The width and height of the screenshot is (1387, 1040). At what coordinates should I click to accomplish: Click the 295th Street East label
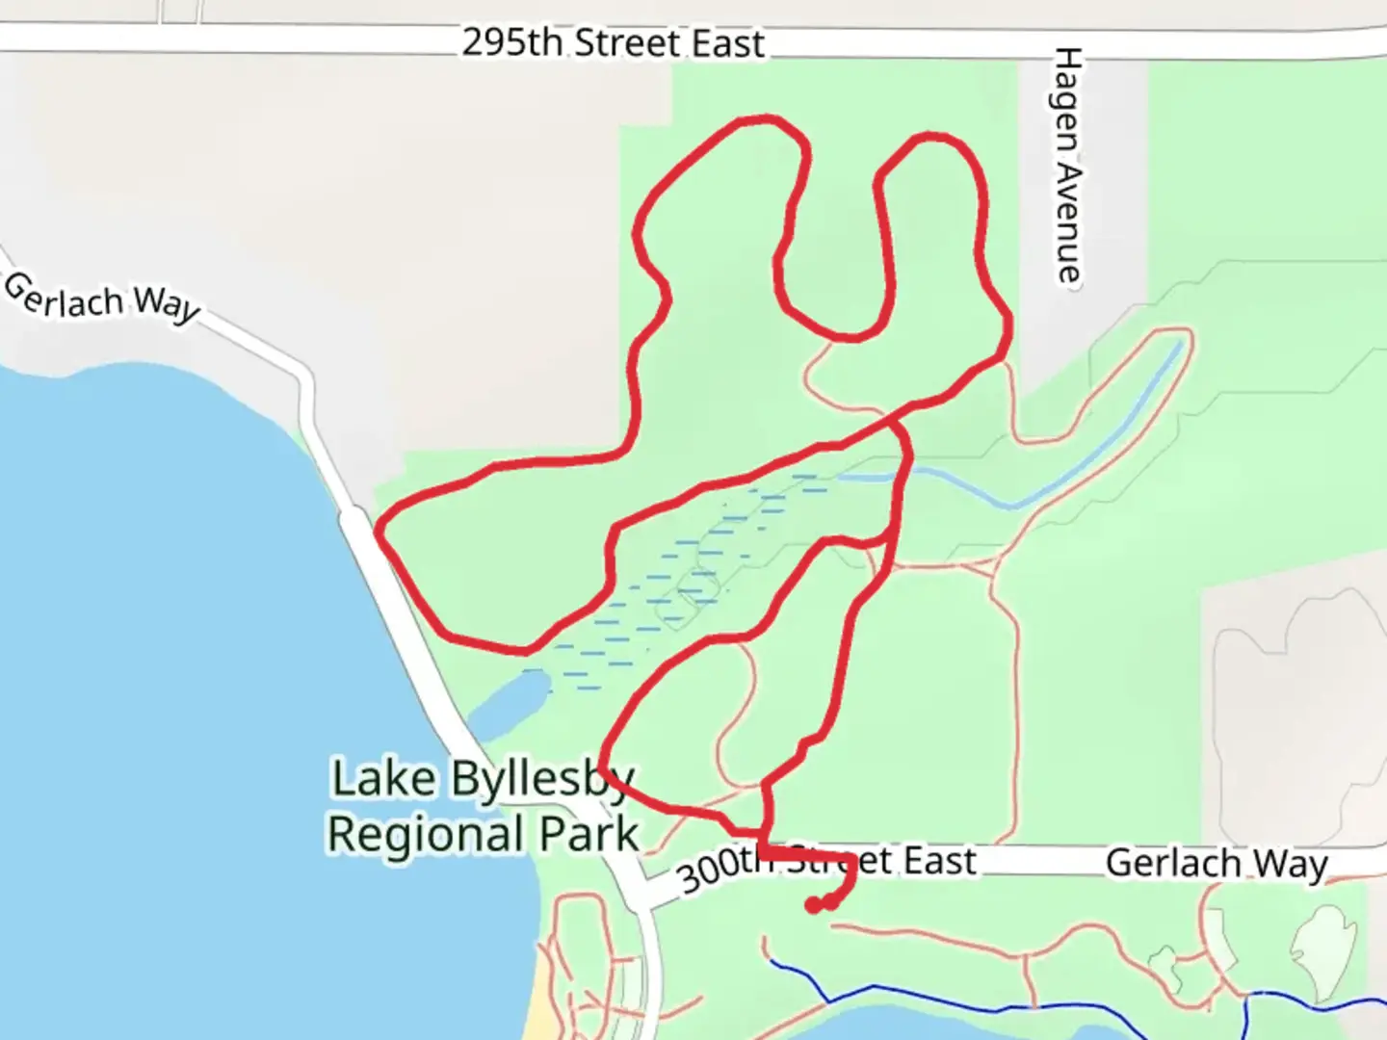pyautogui.click(x=613, y=43)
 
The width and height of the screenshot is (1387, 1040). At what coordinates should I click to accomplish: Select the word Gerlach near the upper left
pyautogui.click(x=64, y=294)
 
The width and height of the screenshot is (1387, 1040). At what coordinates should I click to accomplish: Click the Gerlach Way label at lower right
pyautogui.click(x=1217, y=863)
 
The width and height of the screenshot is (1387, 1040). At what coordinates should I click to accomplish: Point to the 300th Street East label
pyautogui.click(x=826, y=867)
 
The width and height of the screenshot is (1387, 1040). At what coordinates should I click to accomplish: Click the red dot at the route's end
pyautogui.click(x=814, y=905)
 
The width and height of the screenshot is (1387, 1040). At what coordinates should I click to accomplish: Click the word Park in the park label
pyautogui.click(x=589, y=834)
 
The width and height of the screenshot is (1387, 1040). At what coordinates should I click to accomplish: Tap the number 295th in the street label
pyautogui.click(x=511, y=43)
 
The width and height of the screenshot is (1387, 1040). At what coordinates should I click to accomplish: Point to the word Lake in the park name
pyautogui.click(x=382, y=778)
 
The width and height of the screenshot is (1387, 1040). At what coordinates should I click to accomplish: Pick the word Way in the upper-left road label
pyautogui.click(x=167, y=304)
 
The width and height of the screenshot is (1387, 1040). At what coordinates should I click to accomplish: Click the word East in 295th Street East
pyautogui.click(x=726, y=43)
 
